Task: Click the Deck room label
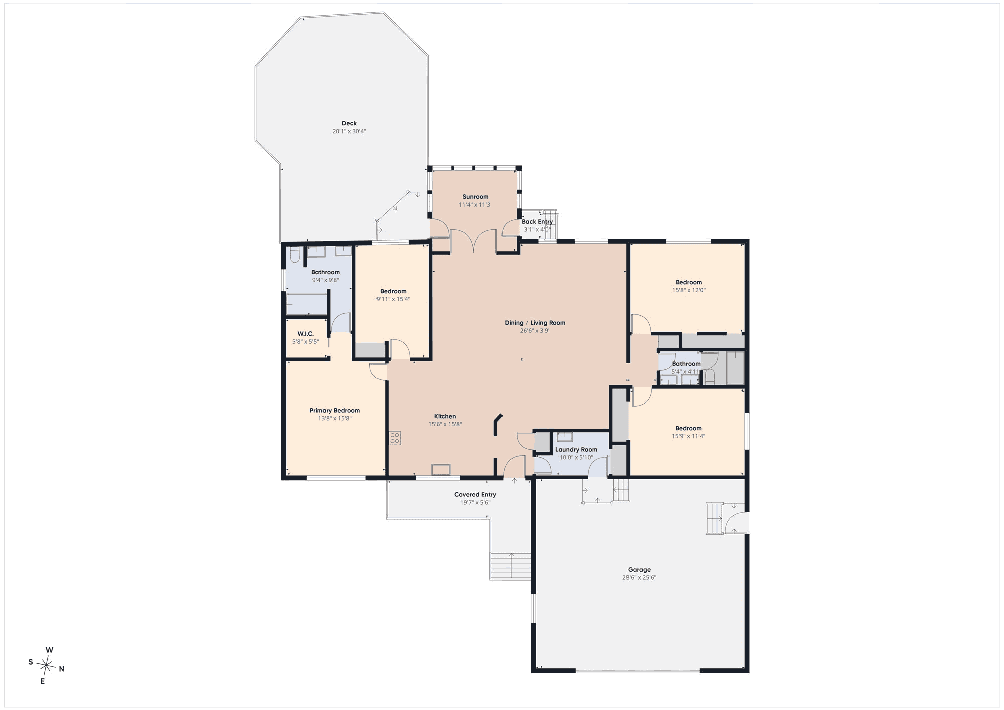tap(349, 123)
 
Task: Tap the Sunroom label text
tap(475, 197)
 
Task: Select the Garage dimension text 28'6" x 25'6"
tap(639, 577)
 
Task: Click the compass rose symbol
tap(47, 666)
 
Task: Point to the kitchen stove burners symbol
tap(395, 438)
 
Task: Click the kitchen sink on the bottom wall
tap(441, 469)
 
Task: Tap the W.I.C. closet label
tap(305, 334)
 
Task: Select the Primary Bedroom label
tap(335, 410)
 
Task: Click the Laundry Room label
tap(576, 449)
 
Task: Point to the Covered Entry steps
tap(511, 566)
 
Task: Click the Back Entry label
tap(537, 222)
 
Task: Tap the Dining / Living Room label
tap(535, 323)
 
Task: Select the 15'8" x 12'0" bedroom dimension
tap(689, 290)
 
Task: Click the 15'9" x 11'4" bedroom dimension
tap(688, 436)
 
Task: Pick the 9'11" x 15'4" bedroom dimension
tap(393, 299)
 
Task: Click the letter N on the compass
tap(62, 669)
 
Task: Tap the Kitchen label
tap(445, 416)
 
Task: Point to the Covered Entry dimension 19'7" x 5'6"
tap(475, 502)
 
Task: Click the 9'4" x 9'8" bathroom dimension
tap(325, 280)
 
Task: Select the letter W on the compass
tap(49, 650)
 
